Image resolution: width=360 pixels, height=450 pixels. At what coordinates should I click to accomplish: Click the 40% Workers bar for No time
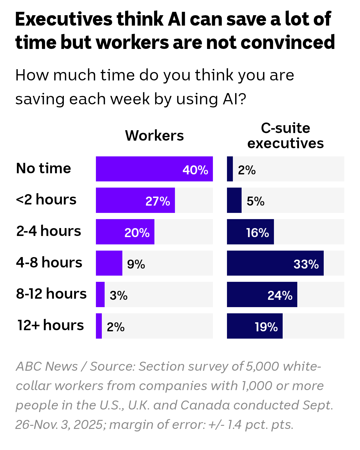154,169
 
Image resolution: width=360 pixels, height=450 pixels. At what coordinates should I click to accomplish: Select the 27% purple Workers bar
135,200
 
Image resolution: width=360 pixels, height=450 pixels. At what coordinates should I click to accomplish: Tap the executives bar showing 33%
275,263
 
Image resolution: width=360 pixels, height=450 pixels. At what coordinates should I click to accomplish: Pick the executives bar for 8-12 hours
262,294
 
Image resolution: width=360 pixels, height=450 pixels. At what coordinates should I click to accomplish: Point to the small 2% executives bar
230,169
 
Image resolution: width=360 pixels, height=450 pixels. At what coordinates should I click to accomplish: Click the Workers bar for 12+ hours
99,326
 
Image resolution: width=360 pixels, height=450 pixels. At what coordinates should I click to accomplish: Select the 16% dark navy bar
250,232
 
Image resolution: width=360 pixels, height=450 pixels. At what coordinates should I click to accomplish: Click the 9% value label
136,264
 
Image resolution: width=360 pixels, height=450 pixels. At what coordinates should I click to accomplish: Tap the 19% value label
266,327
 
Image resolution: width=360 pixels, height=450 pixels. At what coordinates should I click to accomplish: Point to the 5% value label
255,201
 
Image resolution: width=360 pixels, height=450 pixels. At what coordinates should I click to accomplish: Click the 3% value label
118,296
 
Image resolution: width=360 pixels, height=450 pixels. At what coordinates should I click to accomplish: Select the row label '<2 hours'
46,200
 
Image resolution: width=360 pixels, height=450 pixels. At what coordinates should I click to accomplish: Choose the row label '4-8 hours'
49,262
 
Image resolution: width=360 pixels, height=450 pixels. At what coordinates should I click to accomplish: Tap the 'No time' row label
44,168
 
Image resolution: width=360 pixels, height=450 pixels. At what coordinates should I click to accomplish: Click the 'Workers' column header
154,136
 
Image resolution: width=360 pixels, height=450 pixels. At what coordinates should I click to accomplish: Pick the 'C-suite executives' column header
285,136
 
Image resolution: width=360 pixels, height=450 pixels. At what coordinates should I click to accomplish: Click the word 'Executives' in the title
64,19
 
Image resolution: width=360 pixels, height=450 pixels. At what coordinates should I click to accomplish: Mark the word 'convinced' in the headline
288,42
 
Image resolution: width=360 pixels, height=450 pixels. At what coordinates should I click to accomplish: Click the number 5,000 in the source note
262,366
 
